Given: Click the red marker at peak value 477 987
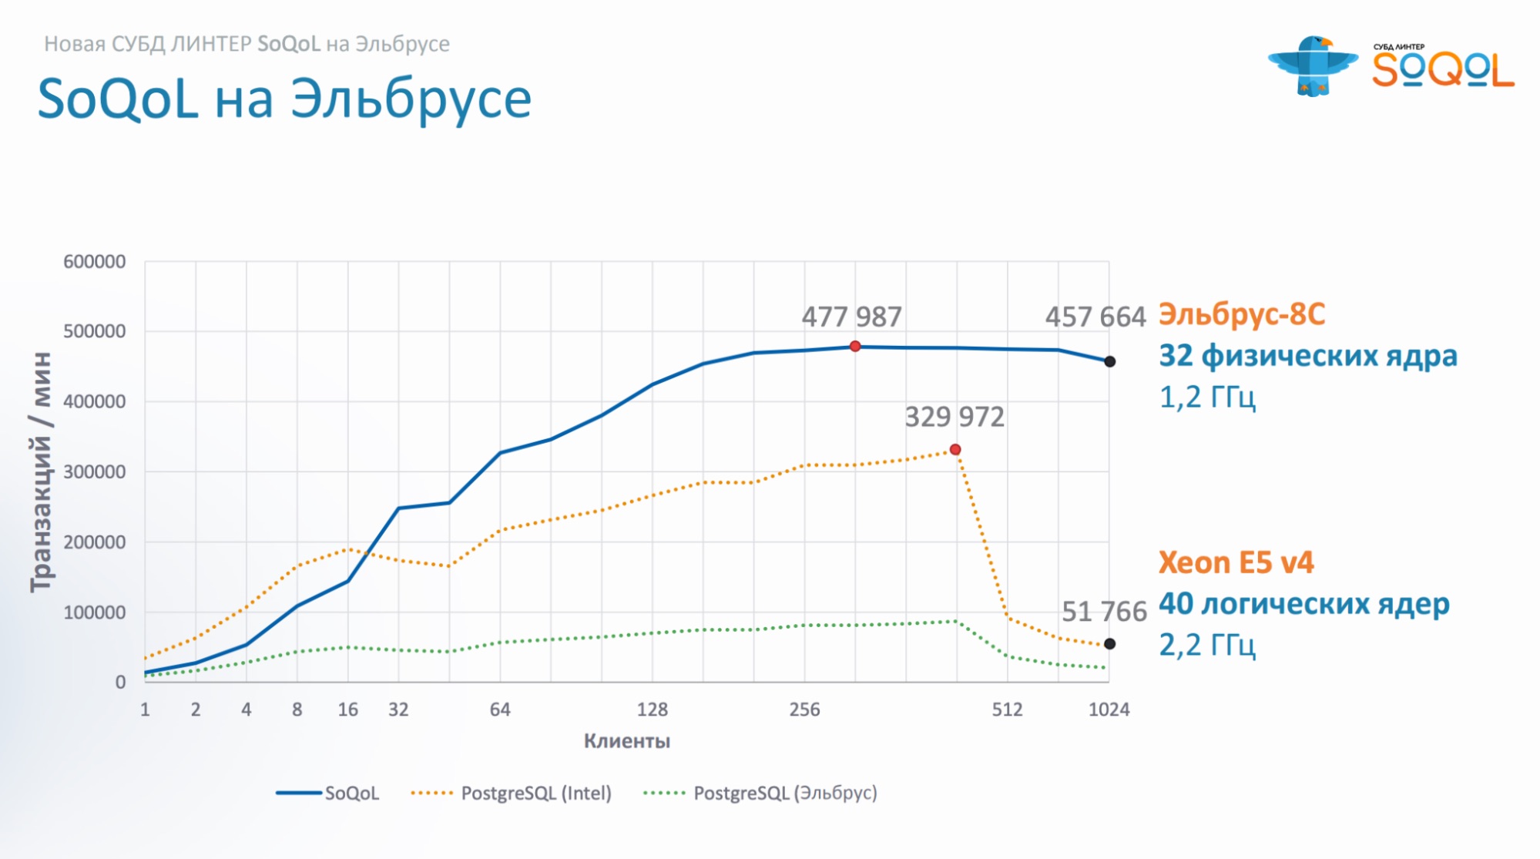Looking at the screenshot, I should (855, 347).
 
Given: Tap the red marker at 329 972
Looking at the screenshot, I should (955, 449).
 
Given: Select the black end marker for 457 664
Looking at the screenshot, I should (1109, 361).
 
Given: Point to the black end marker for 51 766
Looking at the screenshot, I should (1109, 643).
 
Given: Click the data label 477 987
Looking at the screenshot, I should (851, 317).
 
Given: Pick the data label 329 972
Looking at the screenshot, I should (955, 417).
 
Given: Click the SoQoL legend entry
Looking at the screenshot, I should (328, 793).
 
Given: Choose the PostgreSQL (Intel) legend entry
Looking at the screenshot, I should (512, 793).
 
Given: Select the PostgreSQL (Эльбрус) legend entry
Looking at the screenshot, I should (760, 793).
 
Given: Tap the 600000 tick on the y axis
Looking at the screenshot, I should (94, 262).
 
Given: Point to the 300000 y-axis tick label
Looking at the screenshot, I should (94, 471).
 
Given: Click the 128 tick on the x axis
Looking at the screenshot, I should (652, 710).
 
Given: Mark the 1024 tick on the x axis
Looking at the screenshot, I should (1109, 710).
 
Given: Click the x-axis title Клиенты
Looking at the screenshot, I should (626, 741).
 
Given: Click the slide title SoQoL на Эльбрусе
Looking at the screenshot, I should (284, 99).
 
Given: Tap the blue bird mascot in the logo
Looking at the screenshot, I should (1313, 65).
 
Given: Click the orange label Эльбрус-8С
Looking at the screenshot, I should (1242, 314).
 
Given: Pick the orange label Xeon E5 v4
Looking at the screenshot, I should (1236, 562).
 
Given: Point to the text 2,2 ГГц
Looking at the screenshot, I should (1207, 644).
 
